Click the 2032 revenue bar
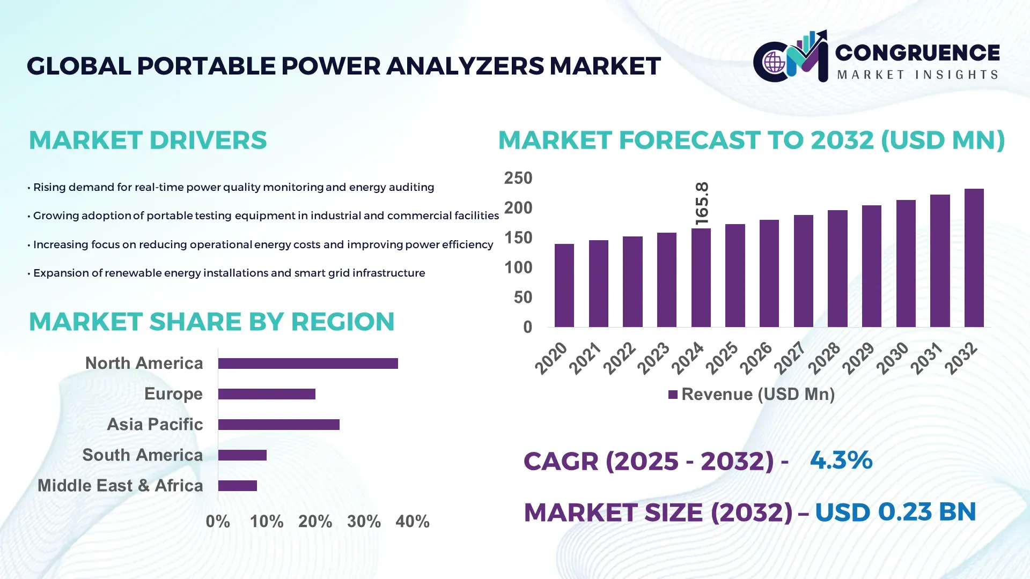coord(974,258)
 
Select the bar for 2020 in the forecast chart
coord(564,285)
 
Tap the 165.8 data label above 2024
coord(702,203)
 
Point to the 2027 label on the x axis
coord(790,358)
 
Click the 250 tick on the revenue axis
coord(518,178)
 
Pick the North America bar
coord(308,363)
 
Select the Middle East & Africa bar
coord(238,486)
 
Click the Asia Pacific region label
coord(154,425)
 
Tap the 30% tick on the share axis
coord(364,522)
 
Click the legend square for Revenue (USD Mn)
coord(673,395)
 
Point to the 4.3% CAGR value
coord(841,461)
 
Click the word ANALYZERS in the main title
coord(465,66)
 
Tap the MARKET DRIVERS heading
coord(148,140)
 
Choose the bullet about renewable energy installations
coord(229,273)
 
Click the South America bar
coord(242,455)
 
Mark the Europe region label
coord(173,394)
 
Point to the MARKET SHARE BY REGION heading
coord(211,322)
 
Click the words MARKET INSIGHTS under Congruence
coord(917,75)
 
